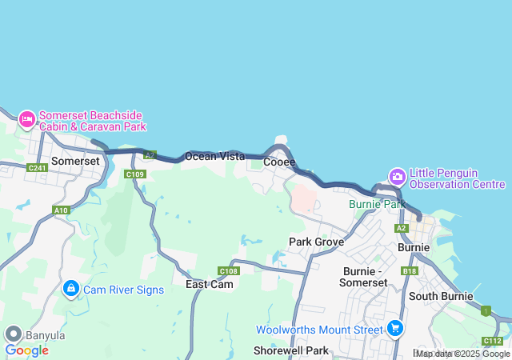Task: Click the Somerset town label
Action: coord(75,161)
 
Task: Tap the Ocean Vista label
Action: coord(214,157)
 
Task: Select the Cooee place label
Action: coord(279,162)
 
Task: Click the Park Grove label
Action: coord(316,242)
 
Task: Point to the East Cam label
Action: coord(210,285)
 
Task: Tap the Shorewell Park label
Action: coord(291,350)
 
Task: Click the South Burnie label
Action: coord(440,296)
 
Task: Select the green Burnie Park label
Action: coord(378,204)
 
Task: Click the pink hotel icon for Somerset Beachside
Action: coord(26,120)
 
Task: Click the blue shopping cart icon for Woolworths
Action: coord(394,328)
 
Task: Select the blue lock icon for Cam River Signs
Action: coord(70,288)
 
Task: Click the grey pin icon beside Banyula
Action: coord(13,334)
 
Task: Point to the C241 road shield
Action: coord(37,168)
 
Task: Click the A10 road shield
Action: coord(61,210)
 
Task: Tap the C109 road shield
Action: coord(134,174)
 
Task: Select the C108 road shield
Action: coord(228,271)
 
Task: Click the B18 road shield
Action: coord(410,271)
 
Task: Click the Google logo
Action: coord(26,350)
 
